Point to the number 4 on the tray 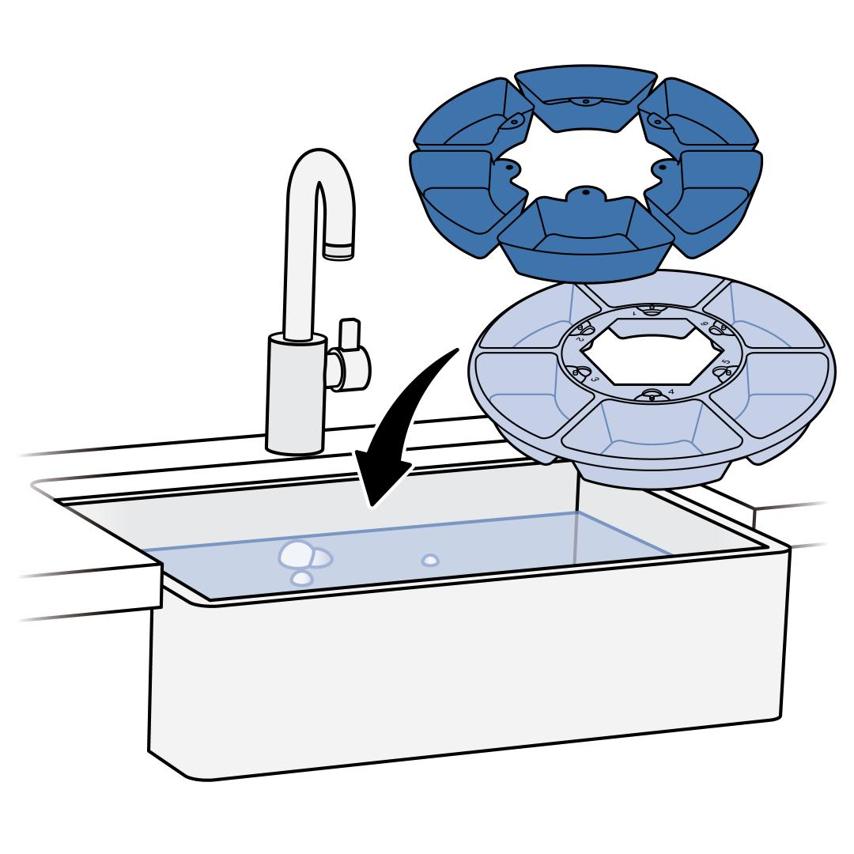point(671,391)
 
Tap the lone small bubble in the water point(430,560)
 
